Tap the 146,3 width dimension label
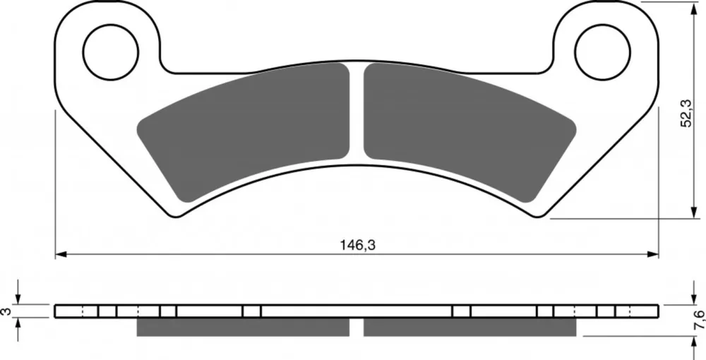coord(358,245)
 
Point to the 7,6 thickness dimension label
coord(698,320)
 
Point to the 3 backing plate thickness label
coord(6,311)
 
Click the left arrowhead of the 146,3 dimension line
coord(61,254)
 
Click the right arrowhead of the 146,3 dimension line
coord(653,254)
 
